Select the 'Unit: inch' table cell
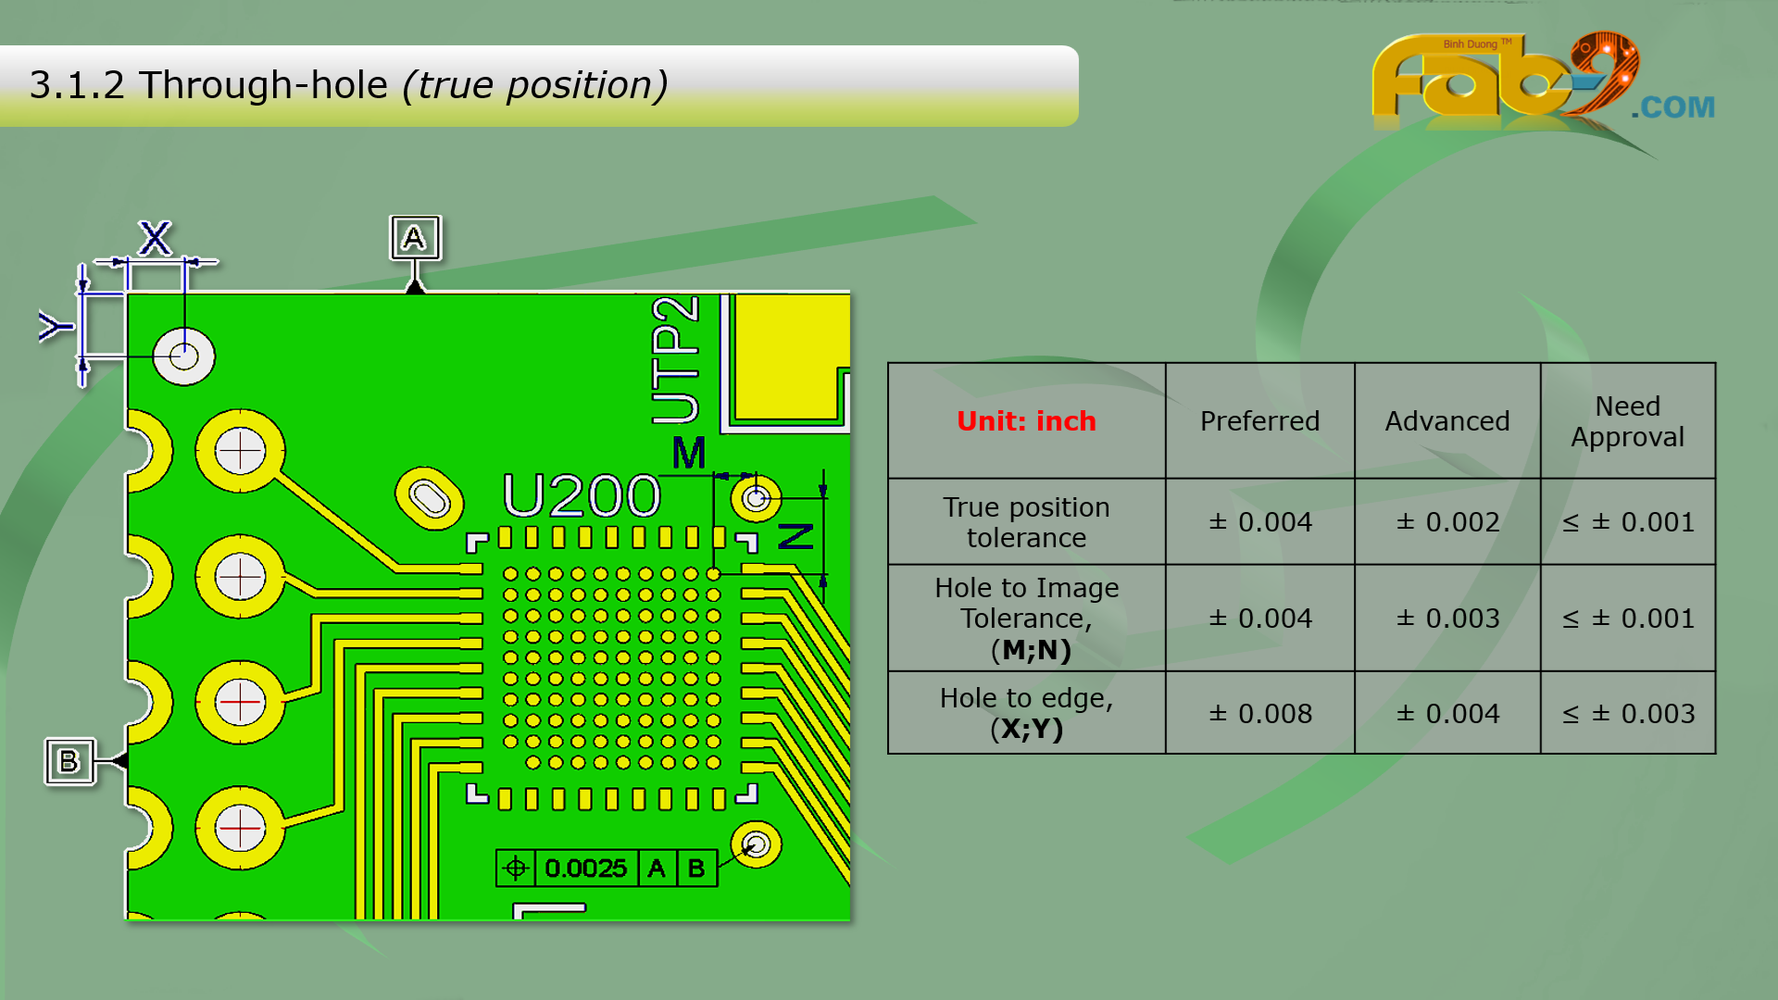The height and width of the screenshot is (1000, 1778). pyautogui.click(x=1026, y=421)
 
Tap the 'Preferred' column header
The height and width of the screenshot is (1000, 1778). pyautogui.click(x=1259, y=421)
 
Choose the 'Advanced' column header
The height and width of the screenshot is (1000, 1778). pyautogui.click(x=1446, y=421)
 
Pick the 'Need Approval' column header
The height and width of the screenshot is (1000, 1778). pyautogui.click(x=1627, y=421)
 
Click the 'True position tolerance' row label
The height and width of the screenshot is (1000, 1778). pyautogui.click(x=1026, y=522)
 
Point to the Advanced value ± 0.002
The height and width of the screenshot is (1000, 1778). pyautogui.click(x=1446, y=522)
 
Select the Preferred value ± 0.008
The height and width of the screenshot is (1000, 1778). pyautogui.click(x=1259, y=714)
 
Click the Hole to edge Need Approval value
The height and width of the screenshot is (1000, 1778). pyautogui.click(x=1627, y=714)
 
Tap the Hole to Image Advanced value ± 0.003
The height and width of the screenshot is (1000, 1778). pyautogui.click(x=1446, y=619)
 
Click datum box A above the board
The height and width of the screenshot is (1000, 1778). pyautogui.click(x=415, y=239)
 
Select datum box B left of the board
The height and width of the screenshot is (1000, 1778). pyautogui.click(x=69, y=761)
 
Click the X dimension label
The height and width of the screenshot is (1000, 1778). pyautogui.click(x=155, y=238)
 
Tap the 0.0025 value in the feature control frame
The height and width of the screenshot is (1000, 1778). pyautogui.click(x=585, y=869)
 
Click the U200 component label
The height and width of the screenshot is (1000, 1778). pyautogui.click(x=582, y=495)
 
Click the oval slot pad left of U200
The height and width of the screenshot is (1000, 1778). pyautogui.click(x=429, y=498)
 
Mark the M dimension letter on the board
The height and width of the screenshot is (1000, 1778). pyautogui.click(x=688, y=453)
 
